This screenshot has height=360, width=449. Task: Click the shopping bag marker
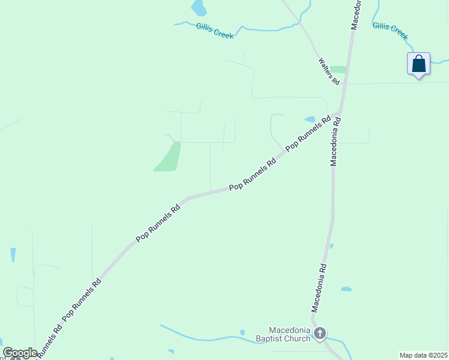coord(418,64)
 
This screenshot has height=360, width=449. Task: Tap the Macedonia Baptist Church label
coord(289,334)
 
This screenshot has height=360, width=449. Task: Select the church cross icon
coord(320,334)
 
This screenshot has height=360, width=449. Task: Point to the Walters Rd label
coord(330,71)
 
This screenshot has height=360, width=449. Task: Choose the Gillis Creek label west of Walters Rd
coord(215,31)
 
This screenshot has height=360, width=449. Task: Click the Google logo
coord(20,353)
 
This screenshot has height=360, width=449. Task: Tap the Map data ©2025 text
coord(423,355)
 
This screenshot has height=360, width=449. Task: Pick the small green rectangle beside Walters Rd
coord(339,70)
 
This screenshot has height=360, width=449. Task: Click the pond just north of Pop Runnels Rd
coord(310,119)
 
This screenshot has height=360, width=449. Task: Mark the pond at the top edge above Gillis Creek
coord(198,8)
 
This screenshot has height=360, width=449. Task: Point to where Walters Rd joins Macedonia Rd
coord(345,84)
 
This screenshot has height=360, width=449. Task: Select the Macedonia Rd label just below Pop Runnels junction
coord(336,141)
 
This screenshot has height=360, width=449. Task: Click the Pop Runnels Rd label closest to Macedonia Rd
coord(309,133)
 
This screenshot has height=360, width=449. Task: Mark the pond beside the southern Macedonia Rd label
coord(346,289)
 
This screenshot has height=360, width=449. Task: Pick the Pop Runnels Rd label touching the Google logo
coord(49,343)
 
